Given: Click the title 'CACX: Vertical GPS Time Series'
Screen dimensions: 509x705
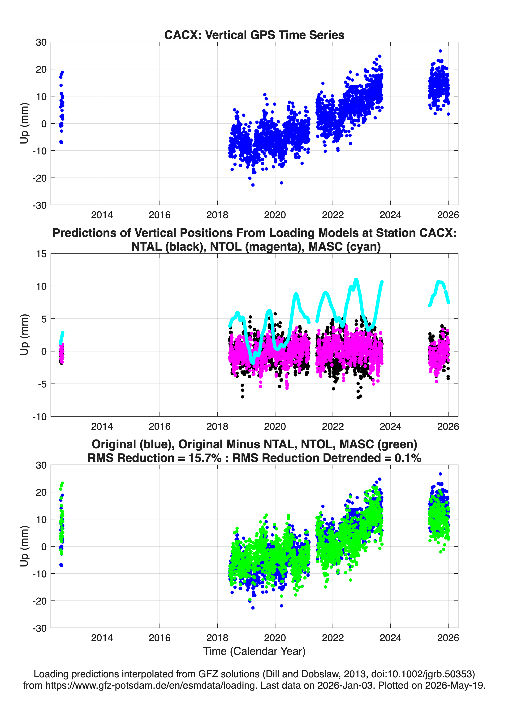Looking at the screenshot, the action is [x=254, y=35].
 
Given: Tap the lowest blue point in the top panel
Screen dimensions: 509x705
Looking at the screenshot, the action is [x=253, y=185].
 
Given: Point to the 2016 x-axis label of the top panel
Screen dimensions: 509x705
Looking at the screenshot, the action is [x=160, y=215].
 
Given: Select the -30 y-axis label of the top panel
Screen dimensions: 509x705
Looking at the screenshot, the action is [x=39, y=205].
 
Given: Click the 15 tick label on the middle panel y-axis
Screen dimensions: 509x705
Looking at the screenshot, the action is [x=41, y=254].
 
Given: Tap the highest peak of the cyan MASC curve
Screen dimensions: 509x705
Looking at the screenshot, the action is [x=356, y=279].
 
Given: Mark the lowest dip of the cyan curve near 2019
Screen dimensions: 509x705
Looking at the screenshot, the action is [x=253, y=363].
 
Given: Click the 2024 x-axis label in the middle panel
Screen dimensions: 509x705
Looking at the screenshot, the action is [x=390, y=426].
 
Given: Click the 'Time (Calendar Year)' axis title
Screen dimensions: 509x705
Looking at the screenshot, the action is [x=254, y=651].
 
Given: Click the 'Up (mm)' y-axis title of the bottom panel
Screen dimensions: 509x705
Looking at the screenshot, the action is [x=24, y=546].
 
